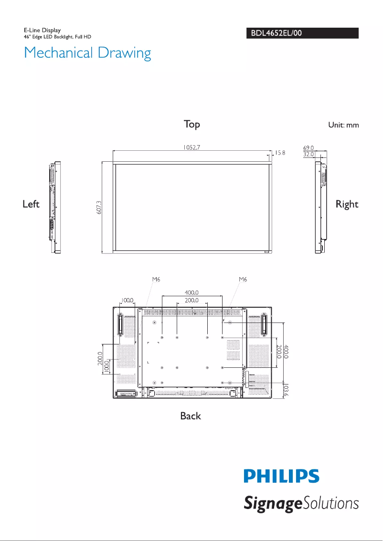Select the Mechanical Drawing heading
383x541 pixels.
[x=87, y=52]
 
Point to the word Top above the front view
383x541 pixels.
[x=192, y=125]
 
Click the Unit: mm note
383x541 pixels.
[x=343, y=125]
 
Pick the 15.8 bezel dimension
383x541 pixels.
[x=280, y=153]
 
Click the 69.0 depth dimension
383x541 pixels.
[x=309, y=148]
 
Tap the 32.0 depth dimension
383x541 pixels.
[x=309, y=155]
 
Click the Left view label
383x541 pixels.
[x=31, y=204]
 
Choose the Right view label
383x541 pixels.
[x=347, y=204]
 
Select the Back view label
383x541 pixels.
[x=191, y=416]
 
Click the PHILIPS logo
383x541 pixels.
[x=282, y=476]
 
